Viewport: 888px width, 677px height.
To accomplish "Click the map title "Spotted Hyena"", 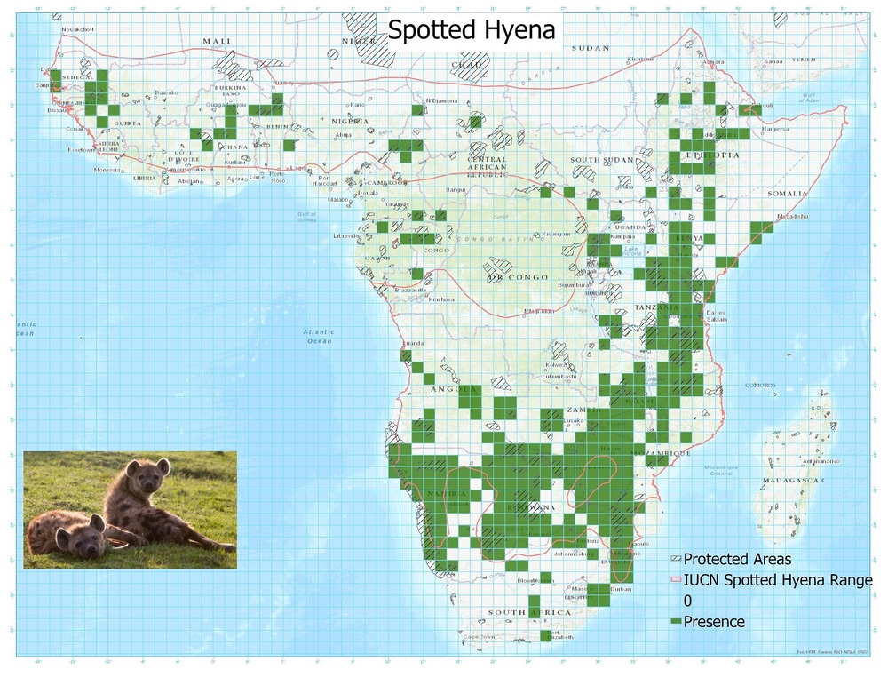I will tap(471, 29).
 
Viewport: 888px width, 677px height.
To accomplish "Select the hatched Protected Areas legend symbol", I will tap(676, 560).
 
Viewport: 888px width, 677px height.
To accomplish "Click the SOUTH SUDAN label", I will tap(597, 159).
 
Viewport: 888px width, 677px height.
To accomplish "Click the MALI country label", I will tap(216, 41).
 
